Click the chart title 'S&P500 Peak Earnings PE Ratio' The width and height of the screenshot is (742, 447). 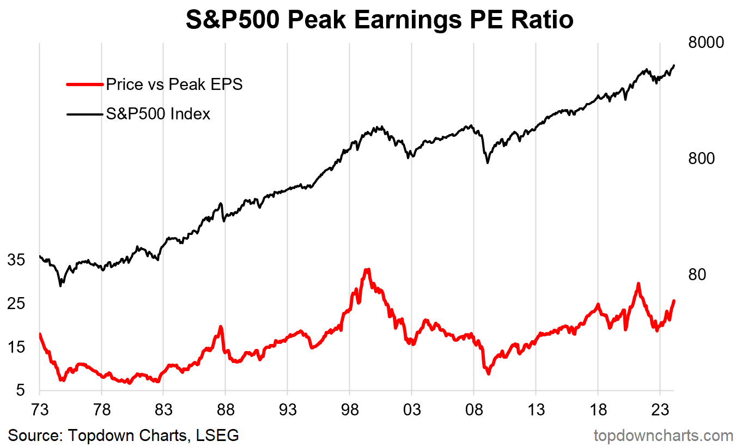(380, 20)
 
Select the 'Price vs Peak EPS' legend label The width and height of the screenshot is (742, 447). (174, 84)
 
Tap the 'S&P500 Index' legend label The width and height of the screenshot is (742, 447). (158, 114)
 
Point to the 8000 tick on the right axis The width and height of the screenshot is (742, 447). (705, 43)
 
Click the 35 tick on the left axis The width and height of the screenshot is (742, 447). (17, 260)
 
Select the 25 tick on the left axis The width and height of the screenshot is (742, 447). (17, 304)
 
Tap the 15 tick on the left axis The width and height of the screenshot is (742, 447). (17, 347)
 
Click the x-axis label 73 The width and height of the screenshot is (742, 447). (40, 410)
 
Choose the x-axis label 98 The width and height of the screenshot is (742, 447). (350, 410)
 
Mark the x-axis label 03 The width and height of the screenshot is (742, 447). (412, 410)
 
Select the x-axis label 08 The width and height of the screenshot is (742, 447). (474, 410)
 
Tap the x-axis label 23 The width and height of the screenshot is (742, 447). (660, 410)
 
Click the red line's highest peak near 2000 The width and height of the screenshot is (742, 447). (368, 270)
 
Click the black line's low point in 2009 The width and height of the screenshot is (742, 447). (488, 162)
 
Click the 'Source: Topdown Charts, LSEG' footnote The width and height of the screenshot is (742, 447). (123, 436)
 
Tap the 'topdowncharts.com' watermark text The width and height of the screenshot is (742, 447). (663, 436)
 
